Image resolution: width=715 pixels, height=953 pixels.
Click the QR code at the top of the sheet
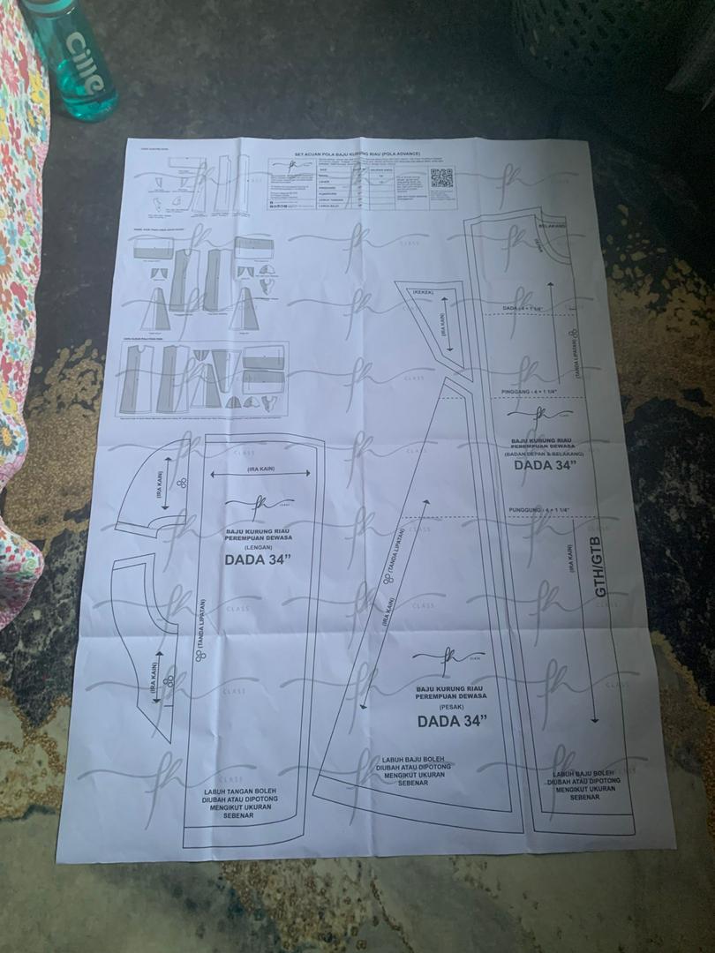tap(441, 176)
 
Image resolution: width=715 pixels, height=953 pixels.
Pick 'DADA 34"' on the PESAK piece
tap(452, 722)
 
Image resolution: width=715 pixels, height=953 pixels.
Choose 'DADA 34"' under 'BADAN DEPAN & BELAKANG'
tap(546, 465)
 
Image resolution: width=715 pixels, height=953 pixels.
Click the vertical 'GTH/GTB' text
tap(600, 574)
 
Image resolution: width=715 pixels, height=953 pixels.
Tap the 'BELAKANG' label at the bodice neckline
tap(553, 227)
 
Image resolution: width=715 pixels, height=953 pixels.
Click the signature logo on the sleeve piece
tap(259, 504)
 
